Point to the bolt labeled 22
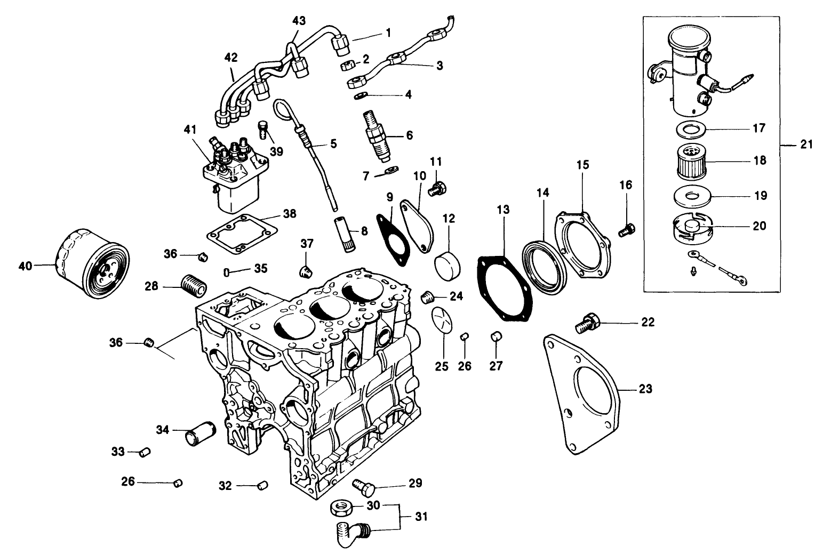pos(587,323)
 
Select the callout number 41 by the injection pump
pos(190,129)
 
